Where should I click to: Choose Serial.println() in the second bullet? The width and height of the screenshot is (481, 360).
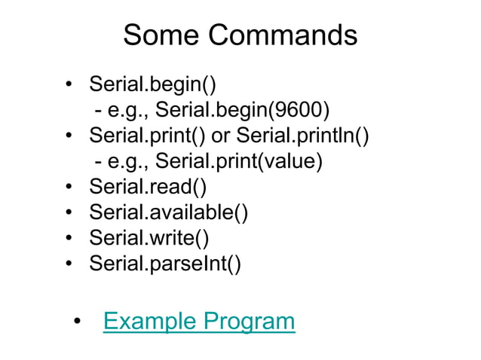click(x=303, y=136)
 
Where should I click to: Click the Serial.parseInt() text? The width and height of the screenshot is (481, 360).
click(x=165, y=264)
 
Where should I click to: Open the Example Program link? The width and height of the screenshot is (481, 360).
click(x=198, y=322)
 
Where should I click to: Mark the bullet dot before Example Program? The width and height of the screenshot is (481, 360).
click(x=78, y=323)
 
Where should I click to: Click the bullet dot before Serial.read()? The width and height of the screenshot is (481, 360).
click(x=69, y=188)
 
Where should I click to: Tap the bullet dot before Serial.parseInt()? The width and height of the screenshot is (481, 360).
click(x=69, y=265)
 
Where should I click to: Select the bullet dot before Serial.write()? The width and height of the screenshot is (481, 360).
click(x=69, y=239)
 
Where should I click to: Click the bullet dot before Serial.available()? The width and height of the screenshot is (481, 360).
click(x=69, y=214)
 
